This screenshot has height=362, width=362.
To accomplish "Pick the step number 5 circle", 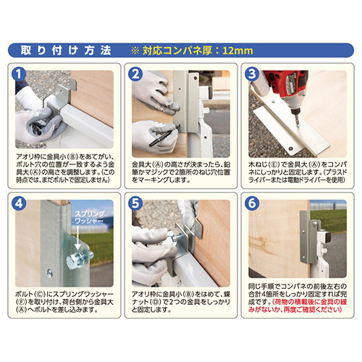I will [135, 203].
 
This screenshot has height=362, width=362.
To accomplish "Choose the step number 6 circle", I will [249, 203].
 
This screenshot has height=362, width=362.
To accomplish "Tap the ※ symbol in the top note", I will [133, 51].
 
